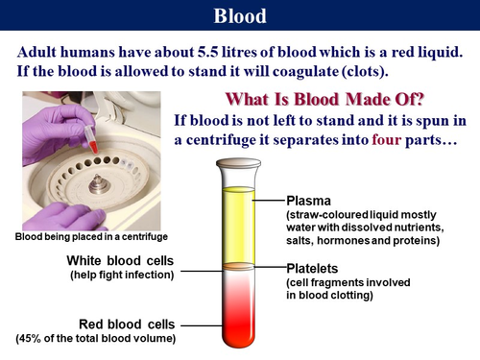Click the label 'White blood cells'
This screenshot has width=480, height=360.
(x=123, y=261)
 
